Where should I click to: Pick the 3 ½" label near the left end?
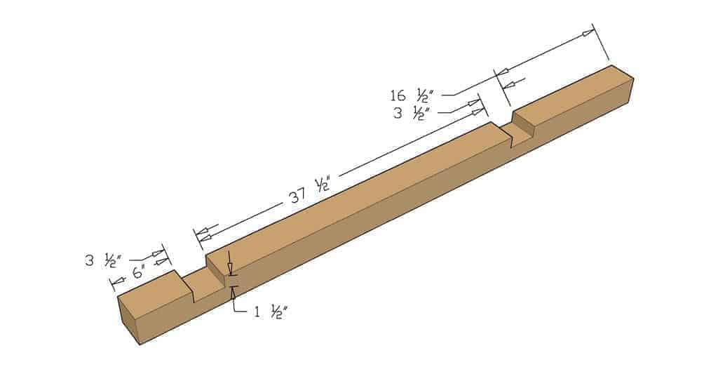(x=101, y=261)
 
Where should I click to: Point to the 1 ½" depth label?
(x=271, y=312)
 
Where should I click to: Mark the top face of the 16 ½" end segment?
(x=571, y=90)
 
